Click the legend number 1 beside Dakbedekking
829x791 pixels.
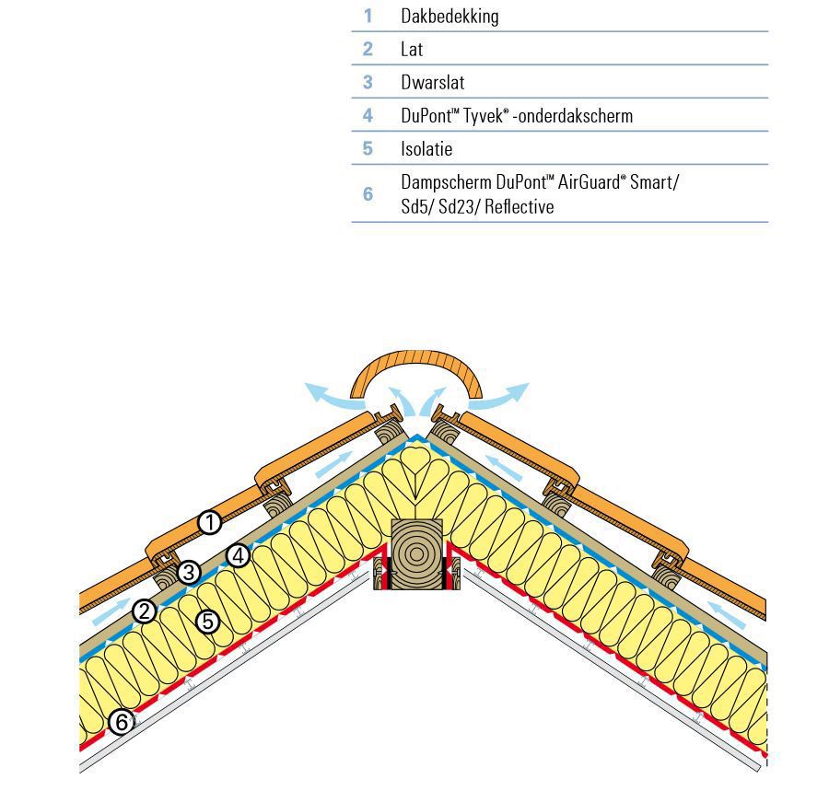(368, 16)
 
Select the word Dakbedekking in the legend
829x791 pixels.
(450, 16)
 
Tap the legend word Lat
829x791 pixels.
(412, 49)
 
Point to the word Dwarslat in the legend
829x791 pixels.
(432, 82)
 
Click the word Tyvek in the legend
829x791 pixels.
(480, 116)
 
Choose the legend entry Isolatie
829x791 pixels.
(426, 148)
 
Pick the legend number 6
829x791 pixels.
(368, 193)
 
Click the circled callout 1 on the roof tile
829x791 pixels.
(211, 523)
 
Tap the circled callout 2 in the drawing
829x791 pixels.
(144, 611)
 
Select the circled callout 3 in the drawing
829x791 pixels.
(189, 572)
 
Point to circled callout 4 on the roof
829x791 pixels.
(239, 555)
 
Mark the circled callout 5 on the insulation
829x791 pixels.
(208, 622)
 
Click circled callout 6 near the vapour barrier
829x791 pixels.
(121, 722)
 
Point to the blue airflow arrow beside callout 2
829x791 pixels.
(111, 611)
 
